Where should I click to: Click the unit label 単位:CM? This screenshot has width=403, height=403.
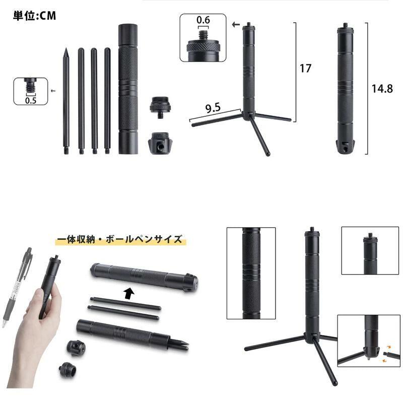tap(34, 16)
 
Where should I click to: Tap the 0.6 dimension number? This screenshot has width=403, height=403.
tap(203, 20)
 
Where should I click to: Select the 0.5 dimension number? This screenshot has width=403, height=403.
tap(31, 99)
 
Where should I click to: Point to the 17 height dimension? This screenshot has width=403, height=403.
tap(305, 68)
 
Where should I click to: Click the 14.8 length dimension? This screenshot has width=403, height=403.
tap(381, 89)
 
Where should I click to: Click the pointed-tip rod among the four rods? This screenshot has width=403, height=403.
tap(65, 101)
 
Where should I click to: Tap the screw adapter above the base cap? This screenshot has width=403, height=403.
tap(160, 107)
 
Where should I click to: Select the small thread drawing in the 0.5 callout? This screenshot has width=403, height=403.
tap(31, 86)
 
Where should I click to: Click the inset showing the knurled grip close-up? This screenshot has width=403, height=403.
tap(251, 273)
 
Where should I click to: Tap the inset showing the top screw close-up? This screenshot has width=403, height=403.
tap(370, 250)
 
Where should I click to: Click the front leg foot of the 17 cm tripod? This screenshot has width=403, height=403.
tap(269, 153)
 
